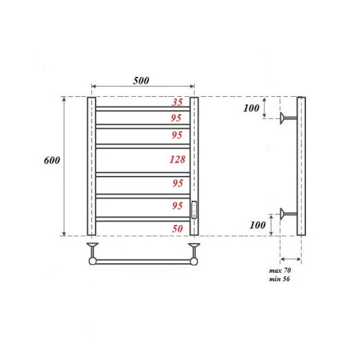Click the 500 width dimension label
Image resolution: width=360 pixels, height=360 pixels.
click(141, 80)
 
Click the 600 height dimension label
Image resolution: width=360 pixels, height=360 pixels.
click(52, 160)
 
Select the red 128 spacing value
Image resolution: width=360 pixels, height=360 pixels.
click(177, 160)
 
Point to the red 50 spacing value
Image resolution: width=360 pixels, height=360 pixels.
click(177, 228)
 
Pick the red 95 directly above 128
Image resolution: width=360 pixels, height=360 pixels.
click(177, 136)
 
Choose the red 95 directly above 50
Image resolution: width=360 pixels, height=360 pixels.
click(177, 206)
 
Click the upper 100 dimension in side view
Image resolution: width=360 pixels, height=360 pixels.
click(251, 109)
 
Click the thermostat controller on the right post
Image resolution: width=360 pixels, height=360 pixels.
click(195, 210)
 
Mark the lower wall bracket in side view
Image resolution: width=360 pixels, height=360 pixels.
click(287, 213)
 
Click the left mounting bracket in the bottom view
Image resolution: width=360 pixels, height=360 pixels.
click(91, 249)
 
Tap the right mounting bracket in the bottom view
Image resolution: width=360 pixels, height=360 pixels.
click(195, 249)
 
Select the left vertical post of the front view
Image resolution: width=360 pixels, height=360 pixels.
click(91, 167)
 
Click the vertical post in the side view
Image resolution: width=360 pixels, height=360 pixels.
click(301, 167)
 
